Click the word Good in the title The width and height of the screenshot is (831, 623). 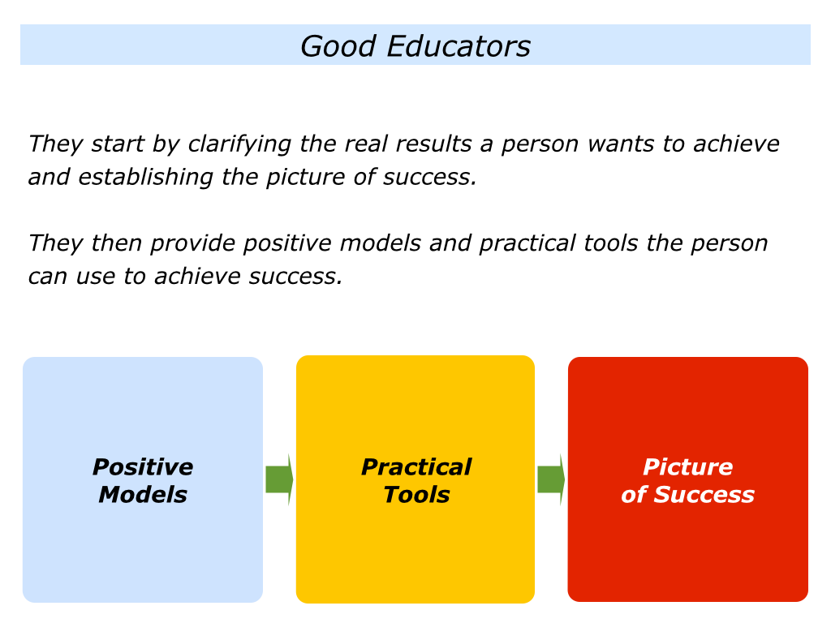338,46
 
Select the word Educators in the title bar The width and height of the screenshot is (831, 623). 459,46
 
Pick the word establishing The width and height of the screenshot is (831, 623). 146,177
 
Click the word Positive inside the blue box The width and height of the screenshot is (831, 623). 143,467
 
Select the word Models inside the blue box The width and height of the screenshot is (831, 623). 143,495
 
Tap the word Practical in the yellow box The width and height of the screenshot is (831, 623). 416,467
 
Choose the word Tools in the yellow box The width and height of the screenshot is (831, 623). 416,495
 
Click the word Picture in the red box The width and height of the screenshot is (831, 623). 688,467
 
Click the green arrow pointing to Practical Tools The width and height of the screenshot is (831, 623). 279,479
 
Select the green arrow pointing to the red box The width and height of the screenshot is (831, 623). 551,479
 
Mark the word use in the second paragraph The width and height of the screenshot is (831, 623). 96,277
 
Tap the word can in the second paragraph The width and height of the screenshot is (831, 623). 48,277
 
